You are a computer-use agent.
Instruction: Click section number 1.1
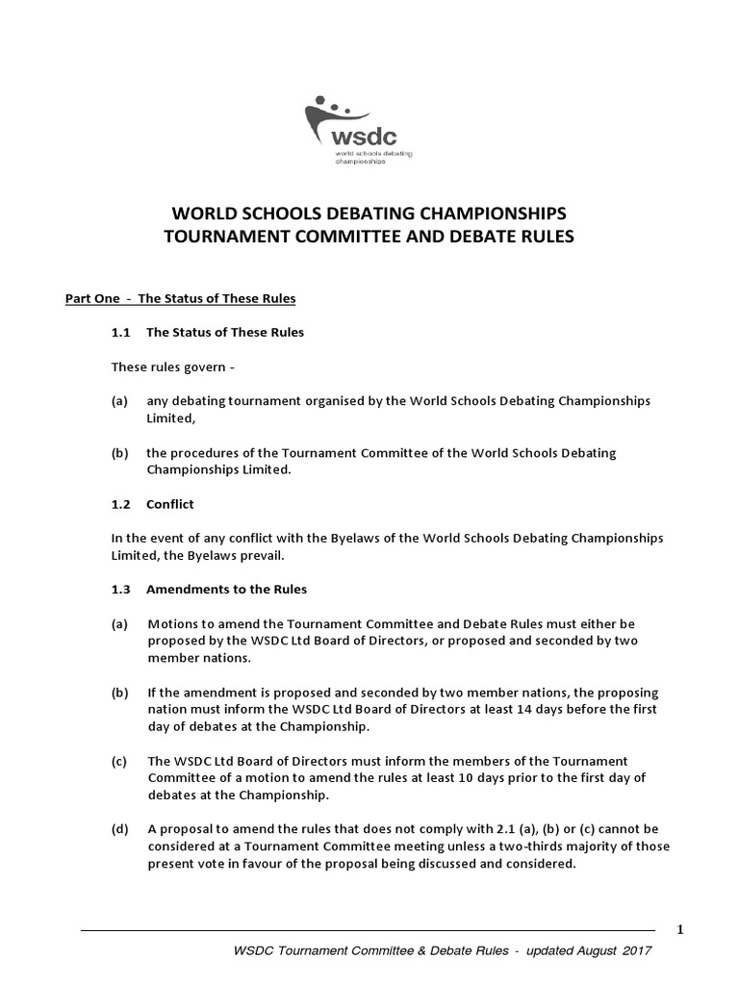[121, 332]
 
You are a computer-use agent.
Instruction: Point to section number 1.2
[121, 503]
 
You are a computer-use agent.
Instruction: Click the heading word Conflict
[170, 503]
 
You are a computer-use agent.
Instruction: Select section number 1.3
[121, 589]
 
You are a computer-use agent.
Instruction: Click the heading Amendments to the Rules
[227, 589]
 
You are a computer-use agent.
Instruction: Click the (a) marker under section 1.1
[120, 400]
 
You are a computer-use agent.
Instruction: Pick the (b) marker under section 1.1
[120, 452]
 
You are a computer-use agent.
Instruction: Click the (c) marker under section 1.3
[120, 761]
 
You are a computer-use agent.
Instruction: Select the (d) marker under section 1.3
[120, 829]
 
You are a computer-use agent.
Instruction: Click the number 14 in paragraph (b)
[537, 709]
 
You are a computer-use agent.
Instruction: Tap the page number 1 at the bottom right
[680, 929]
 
